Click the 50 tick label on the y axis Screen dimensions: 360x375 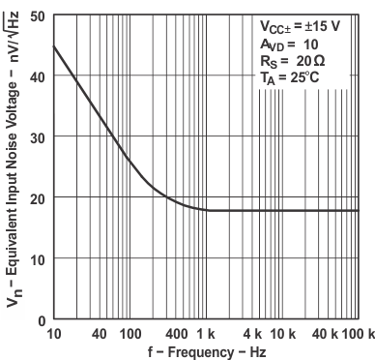click(x=36, y=16)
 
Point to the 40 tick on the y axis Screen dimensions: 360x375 click(x=36, y=76)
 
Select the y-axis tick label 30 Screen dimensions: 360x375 click(x=36, y=137)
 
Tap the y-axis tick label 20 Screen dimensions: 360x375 click(x=36, y=198)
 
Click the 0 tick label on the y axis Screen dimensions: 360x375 click(x=40, y=319)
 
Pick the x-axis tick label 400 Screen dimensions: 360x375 click(x=177, y=334)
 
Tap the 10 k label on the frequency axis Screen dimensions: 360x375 click(x=283, y=334)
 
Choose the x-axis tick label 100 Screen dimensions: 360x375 click(x=130, y=334)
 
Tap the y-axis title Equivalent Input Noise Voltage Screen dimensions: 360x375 click(x=11, y=166)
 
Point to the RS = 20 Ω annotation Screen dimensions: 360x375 click(x=285, y=61)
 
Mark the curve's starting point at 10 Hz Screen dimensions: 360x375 click(x=53, y=46)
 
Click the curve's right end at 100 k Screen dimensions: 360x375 click(x=358, y=210)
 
